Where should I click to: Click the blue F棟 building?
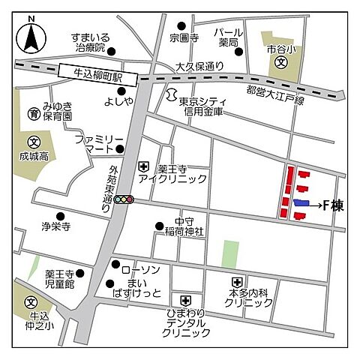[x=301, y=203]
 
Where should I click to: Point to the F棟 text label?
[x=333, y=204]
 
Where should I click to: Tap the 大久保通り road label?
[x=199, y=66]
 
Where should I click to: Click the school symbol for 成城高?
[x=33, y=142]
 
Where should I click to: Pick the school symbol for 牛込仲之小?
[x=31, y=302]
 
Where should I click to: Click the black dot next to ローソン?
[x=115, y=265]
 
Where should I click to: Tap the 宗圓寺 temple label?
[x=182, y=37]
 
